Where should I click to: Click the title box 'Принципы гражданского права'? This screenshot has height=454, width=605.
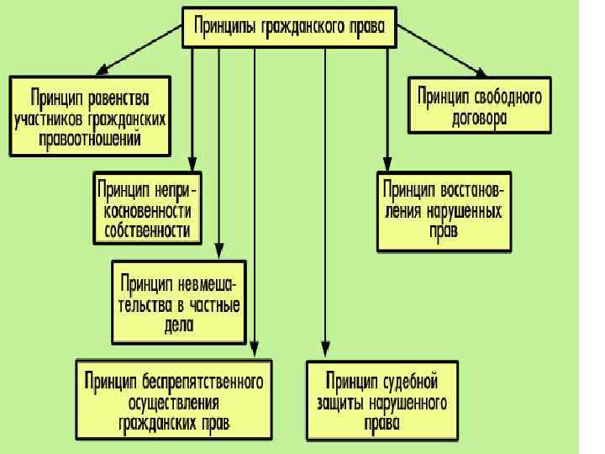[x=289, y=26]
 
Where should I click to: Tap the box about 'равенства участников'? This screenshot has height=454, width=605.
[x=91, y=117]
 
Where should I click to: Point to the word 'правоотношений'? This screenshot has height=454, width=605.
[x=91, y=139]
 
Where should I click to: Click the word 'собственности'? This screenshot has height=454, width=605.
[x=147, y=230]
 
